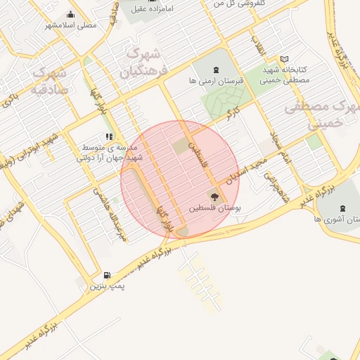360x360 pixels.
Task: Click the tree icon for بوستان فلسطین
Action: (214, 197)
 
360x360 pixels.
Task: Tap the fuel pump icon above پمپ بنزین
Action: (107, 275)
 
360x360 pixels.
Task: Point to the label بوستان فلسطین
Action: (214, 210)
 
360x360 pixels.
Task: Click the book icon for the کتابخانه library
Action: (284, 59)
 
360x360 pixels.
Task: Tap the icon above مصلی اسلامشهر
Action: (70, 14)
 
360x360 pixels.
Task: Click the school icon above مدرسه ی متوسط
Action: (108, 136)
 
